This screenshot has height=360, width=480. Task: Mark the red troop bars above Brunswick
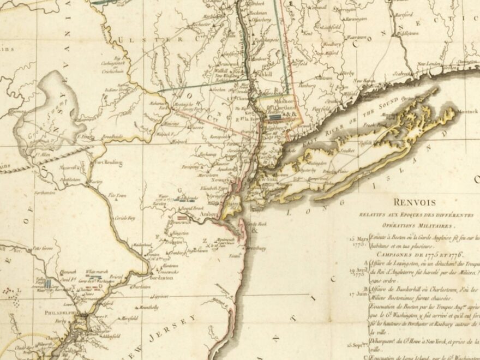click(190, 218)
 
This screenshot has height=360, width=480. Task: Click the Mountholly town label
click(149, 307)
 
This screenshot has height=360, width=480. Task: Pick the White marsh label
click(98, 271)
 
